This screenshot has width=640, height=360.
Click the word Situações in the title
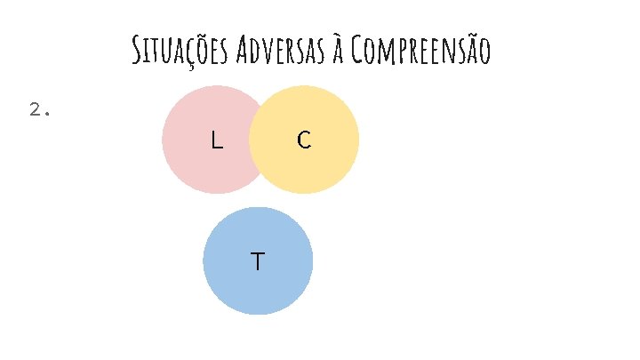click(180, 52)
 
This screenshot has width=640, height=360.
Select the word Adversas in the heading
click(280, 52)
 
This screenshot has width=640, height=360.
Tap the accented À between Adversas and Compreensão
click(337, 52)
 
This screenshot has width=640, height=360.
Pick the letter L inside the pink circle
click(216, 140)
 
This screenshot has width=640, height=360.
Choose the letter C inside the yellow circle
click(304, 140)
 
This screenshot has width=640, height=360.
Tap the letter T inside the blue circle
click(257, 261)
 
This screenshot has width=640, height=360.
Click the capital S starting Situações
click(136, 52)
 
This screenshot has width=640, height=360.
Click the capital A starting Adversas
click(244, 52)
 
